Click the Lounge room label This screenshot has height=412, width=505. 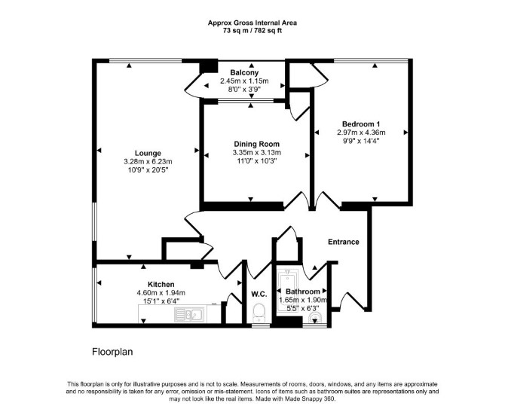coord(148,153)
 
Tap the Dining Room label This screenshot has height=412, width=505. coord(257,144)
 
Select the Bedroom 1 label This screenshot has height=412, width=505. coord(361,124)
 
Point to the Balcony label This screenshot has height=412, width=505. coord(244,73)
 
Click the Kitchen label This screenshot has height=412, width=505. coord(161,285)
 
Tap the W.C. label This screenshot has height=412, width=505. coord(259,294)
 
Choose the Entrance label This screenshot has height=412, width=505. coord(343,242)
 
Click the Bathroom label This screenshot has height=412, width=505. coord(303,291)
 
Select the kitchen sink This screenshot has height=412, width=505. coord(189,315)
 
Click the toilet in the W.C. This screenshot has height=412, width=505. coord(259,313)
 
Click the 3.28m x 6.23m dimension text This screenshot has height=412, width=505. coord(148,162)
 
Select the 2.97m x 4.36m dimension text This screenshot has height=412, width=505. coord(361,133)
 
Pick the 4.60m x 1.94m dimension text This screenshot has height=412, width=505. coord(161,293)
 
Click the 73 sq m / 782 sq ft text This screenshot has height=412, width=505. coord(252,31)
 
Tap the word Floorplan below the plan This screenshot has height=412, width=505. coord(112,352)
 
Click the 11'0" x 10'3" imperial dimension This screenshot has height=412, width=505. coord(257,160)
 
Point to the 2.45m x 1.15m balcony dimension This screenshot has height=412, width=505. coord(244,81)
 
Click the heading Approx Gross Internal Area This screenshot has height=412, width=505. coord(252,23)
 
